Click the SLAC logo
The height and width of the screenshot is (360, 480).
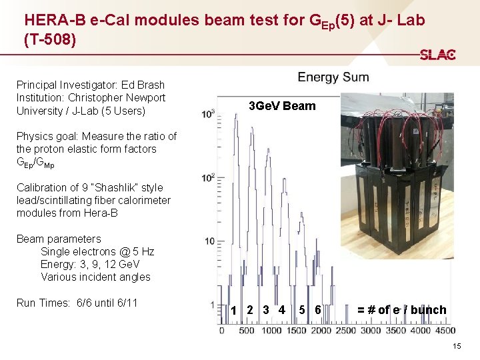[x=437, y=55]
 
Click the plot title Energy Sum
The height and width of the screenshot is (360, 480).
[x=333, y=77]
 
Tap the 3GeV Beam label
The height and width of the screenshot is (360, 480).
[x=281, y=106]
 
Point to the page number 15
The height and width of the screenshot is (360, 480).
[x=457, y=346]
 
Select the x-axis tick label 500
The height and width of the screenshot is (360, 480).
[x=247, y=331]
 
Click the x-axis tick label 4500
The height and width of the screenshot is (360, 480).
[x=443, y=331]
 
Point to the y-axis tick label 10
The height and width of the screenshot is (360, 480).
[x=209, y=241]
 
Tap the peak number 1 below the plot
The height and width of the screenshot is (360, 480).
[x=233, y=310]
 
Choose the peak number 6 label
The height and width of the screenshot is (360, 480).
[x=318, y=309]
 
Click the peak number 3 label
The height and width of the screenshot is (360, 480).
[x=265, y=309]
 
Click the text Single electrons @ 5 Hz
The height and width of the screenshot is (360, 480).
[x=97, y=251]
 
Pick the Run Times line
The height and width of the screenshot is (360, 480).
[x=77, y=303]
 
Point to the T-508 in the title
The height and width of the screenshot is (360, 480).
[x=50, y=40]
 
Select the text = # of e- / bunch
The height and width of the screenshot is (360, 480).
[x=401, y=309]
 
